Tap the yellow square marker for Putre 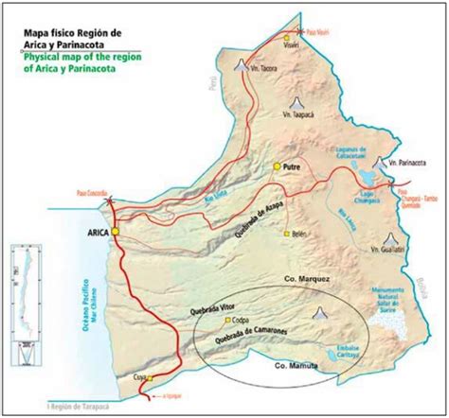tap(278, 166)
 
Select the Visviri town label tap(294, 47)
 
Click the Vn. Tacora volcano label tap(266, 69)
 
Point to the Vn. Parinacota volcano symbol tap(380, 163)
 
